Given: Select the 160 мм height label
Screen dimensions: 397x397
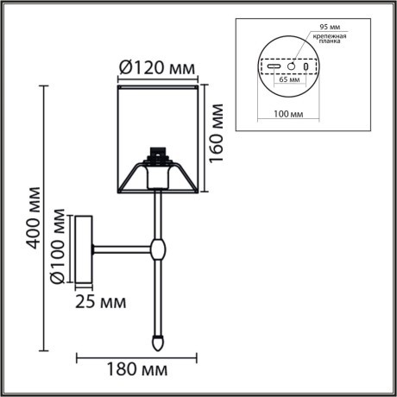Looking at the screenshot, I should pyautogui.click(x=218, y=130).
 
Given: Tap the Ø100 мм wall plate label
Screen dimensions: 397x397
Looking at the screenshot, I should pyautogui.click(x=57, y=245).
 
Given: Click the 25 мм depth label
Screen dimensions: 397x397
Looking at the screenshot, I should pyautogui.click(x=99, y=302).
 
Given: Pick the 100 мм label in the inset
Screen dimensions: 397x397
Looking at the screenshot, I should pyautogui.click(x=283, y=113).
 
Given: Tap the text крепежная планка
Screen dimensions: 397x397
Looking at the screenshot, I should pyautogui.click(x=329, y=42).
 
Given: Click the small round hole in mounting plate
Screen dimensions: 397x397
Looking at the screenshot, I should pyautogui.click(x=291, y=66).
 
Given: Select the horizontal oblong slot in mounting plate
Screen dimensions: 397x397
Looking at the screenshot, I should pyautogui.click(x=273, y=66).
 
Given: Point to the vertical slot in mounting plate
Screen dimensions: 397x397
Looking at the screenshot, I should pyautogui.click(x=305, y=66).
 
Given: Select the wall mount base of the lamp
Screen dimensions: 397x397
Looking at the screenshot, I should pyautogui.click(x=84, y=249).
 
